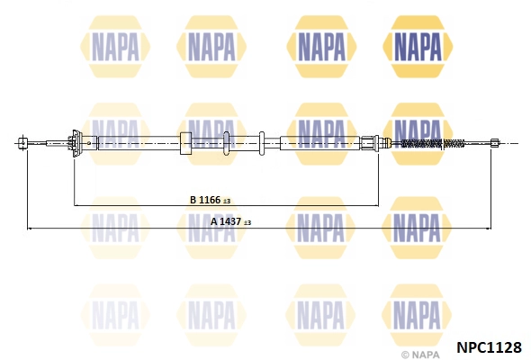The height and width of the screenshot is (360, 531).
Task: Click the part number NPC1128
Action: click(489, 347)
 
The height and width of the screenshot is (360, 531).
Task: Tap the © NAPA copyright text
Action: click(420, 355)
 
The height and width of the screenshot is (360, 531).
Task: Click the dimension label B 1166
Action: click(205, 200)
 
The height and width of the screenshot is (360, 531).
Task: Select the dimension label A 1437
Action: click(226, 221)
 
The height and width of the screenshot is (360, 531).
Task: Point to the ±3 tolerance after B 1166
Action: click(227, 202)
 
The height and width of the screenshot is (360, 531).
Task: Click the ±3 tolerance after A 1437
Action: click(247, 222)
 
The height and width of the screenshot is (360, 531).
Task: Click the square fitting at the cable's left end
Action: click(23, 143)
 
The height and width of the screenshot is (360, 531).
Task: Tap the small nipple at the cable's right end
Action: click(495, 143)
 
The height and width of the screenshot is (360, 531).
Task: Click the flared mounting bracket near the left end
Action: click(76, 144)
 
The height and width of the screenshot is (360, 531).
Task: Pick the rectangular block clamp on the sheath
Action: click(185, 143)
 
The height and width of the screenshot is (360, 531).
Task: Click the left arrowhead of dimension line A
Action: click(29, 229)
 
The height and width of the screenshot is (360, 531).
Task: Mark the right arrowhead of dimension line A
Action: click(490, 229)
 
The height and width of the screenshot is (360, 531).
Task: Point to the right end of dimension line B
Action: click(378, 205)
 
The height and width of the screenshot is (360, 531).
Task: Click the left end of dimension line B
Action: click(74, 205)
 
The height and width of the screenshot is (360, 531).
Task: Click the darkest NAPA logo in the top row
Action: click(418, 47)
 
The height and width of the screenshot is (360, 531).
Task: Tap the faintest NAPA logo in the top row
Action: click(115, 47)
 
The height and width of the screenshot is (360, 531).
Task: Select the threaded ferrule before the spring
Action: click(368, 143)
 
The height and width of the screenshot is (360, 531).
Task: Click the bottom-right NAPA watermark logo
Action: click(417, 315)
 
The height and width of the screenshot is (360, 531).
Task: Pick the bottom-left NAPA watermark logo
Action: click(115, 315)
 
